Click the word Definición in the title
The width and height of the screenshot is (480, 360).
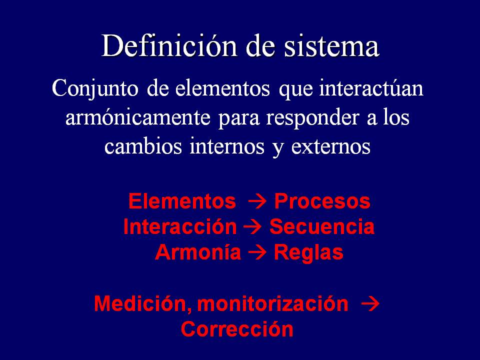169,46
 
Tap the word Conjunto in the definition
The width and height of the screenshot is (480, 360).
95,89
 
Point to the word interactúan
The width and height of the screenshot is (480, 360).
371,88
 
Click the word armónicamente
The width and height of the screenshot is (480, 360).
138,117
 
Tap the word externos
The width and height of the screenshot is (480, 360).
331,147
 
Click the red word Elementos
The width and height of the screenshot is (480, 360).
182,201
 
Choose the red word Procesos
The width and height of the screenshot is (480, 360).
322,201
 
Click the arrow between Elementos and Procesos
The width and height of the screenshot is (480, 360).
256,202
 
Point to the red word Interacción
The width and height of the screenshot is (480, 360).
180,227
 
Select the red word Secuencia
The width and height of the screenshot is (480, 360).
321,227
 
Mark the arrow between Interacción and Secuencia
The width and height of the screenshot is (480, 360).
252,227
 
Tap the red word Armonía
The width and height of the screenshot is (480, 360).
198,252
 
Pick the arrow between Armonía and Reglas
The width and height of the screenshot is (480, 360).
257,253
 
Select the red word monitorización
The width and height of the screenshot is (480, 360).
273,303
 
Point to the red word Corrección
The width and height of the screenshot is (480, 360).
237,329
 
